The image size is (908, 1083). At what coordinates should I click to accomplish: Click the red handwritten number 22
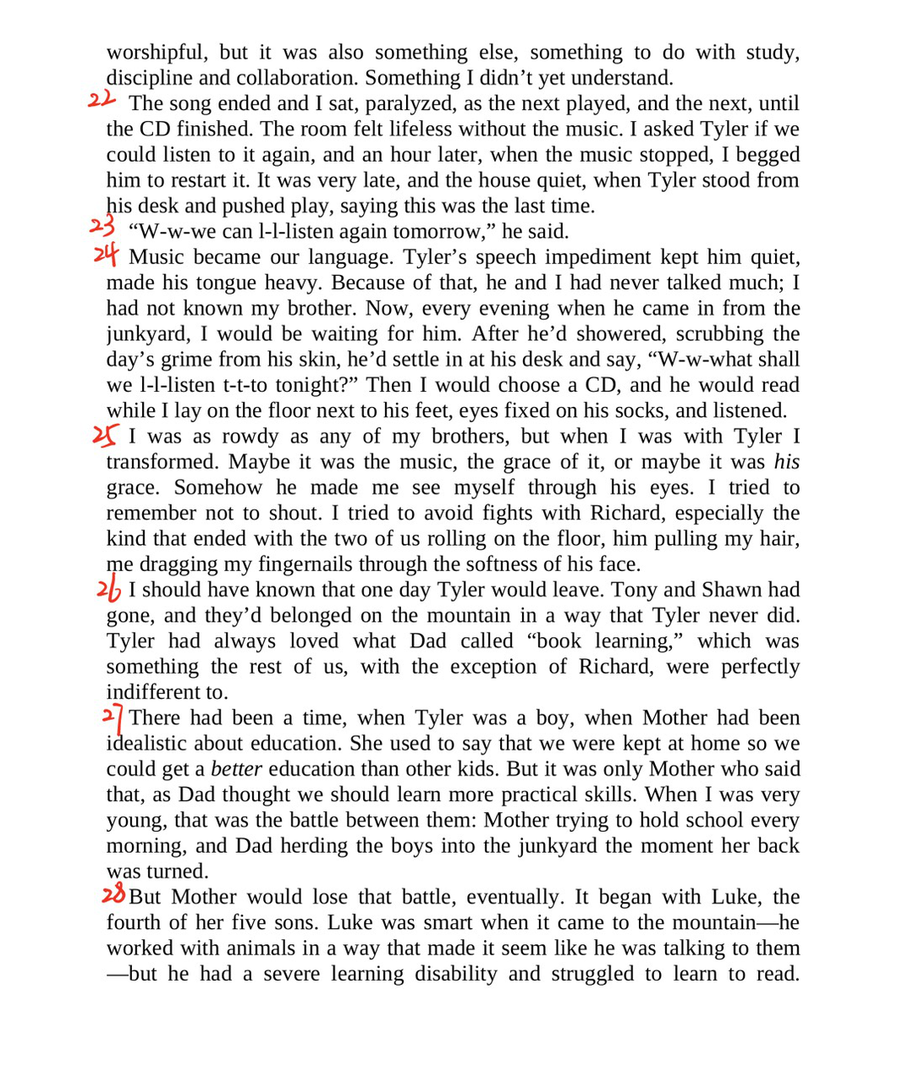tap(101, 100)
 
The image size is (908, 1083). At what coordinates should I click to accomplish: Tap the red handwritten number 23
tap(102, 227)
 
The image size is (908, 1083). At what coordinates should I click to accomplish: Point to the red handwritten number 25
tap(105, 435)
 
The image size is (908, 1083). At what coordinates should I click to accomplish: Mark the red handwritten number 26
tap(108, 589)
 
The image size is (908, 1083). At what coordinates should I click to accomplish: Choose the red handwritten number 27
tap(113, 718)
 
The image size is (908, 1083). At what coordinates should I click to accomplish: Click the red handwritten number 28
tap(113, 894)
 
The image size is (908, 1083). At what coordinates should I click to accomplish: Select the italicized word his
tap(786, 462)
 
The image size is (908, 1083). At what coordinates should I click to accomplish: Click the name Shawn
tap(730, 590)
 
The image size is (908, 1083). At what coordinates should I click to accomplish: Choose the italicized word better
tap(236, 769)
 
